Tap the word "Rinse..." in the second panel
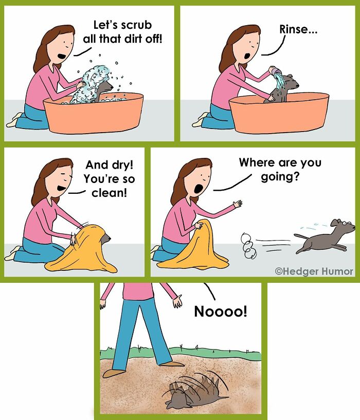click(x=298, y=29)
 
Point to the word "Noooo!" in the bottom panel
click(x=220, y=312)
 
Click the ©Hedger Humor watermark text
click(x=314, y=271)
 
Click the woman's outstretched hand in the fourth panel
click(x=237, y=204)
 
